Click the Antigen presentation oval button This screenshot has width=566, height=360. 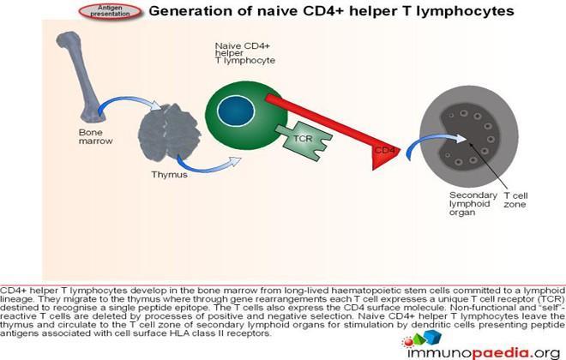(110, 11)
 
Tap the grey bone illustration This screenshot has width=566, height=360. (81, 75)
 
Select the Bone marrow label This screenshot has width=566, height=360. (96, 136)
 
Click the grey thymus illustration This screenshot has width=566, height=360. (169, 132)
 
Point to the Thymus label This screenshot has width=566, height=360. (169, 175)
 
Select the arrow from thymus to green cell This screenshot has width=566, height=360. (208, 166)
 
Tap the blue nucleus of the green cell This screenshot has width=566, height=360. (236, 111)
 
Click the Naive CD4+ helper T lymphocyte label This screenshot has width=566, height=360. (244, 53)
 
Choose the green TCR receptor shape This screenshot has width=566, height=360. (304, 141)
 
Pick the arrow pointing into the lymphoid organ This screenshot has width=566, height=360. (433, 139)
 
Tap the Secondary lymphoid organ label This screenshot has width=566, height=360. (473, 204)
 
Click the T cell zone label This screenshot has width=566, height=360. (515, 200)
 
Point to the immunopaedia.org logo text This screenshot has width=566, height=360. (484, 353)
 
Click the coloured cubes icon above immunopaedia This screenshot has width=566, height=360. (422, 339)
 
